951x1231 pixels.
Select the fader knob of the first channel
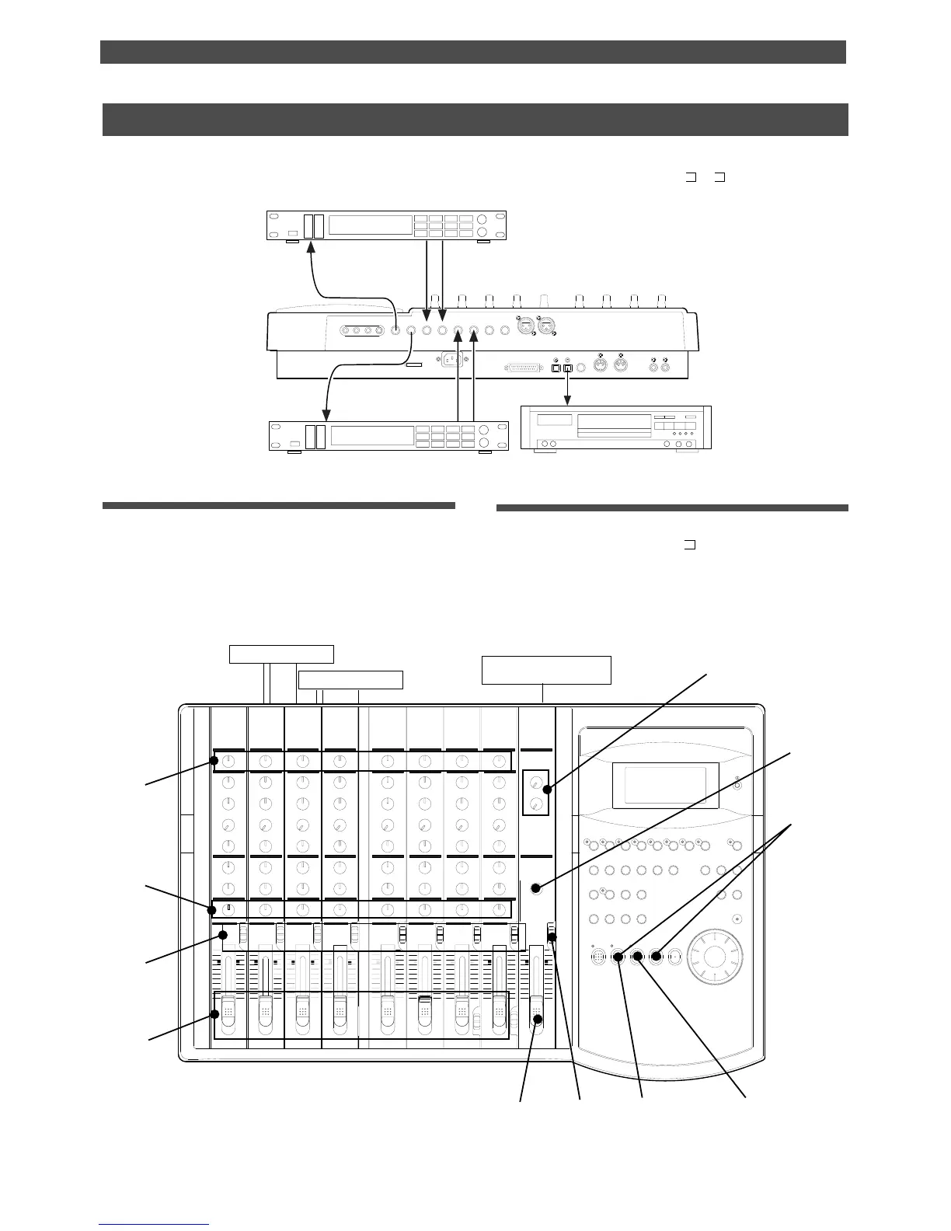point(228,1010)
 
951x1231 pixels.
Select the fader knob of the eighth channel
point(500,1010)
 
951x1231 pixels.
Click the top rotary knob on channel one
point(228,761)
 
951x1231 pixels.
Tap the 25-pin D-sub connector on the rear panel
point(524,367)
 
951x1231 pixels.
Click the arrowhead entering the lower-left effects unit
point(322,416)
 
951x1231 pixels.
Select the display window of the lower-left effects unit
point(369,435)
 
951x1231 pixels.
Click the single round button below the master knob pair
point(536,888)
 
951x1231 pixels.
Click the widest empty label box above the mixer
point(546,670)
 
